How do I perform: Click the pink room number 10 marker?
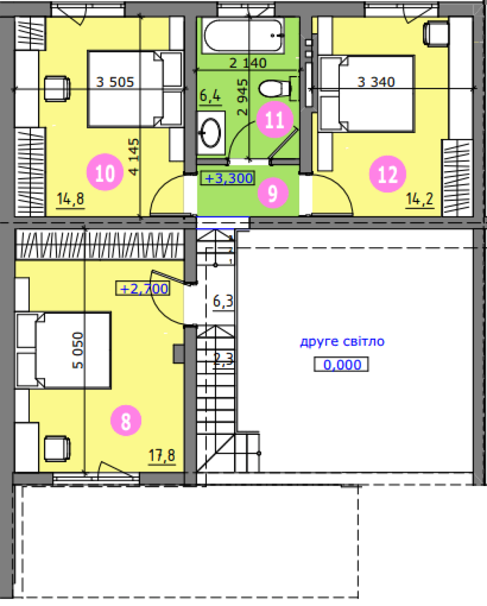pos(105,172)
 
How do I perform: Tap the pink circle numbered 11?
pos(275,119)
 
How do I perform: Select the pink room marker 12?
pos(388,174)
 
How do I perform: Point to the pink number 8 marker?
pos(126,420)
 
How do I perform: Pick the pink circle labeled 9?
pos(273,193)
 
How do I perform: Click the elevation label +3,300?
pos(228,178)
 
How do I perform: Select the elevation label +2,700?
pos(143,288)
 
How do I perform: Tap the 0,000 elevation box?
pos(341,365)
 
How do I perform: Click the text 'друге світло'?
pos(342,342)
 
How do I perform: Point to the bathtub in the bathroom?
pos(243,36)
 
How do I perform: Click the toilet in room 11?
pos(278,88)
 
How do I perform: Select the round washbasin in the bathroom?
pos(210,133)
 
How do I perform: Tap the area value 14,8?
pos(70,199)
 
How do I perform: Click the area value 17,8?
pos(162,455)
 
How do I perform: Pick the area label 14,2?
pos(420,199)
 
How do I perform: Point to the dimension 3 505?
pos(115,82)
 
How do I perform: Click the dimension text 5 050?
pos(78,351)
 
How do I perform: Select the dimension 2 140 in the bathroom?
pos(248,63)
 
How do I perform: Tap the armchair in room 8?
pos(57,449)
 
